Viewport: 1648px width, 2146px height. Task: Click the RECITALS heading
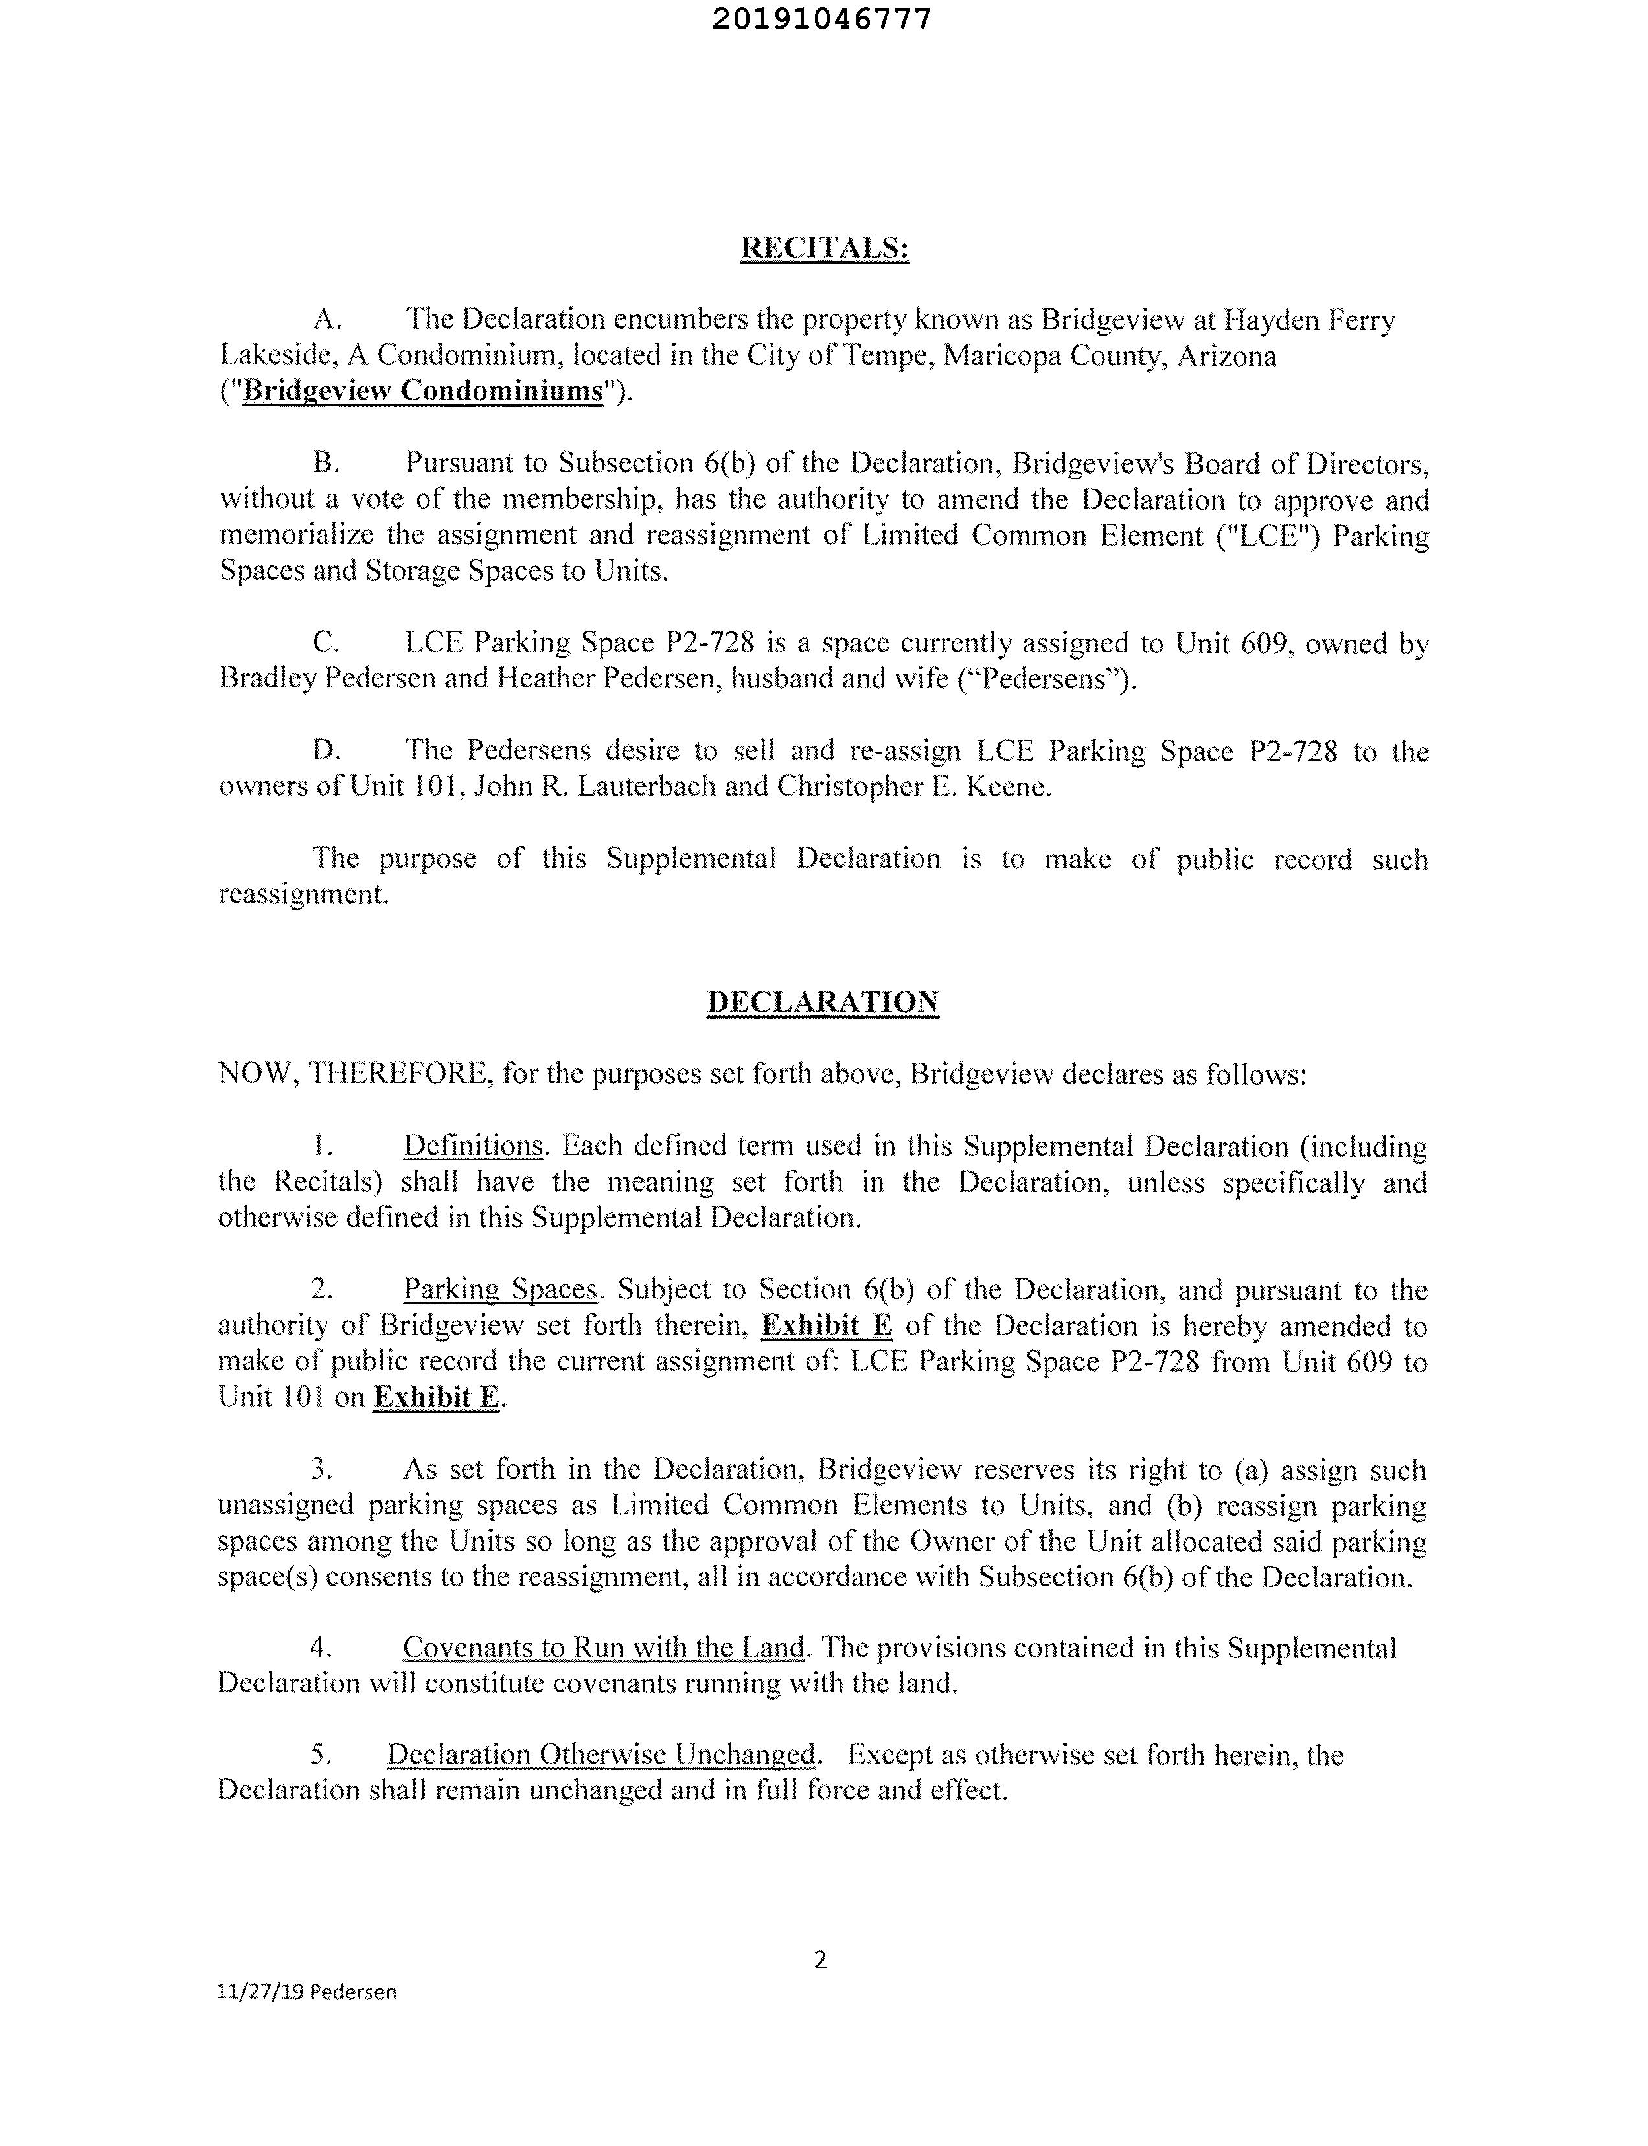coord(824,248)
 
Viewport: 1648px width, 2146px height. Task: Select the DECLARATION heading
coord(822,1002)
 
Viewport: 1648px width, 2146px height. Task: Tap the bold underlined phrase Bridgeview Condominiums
coord(422,391)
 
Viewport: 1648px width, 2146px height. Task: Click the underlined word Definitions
coord(473,1146)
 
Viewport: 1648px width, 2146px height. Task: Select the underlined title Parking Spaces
coord(499,1289)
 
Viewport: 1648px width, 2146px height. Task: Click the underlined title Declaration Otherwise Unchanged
coord(601,1755)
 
